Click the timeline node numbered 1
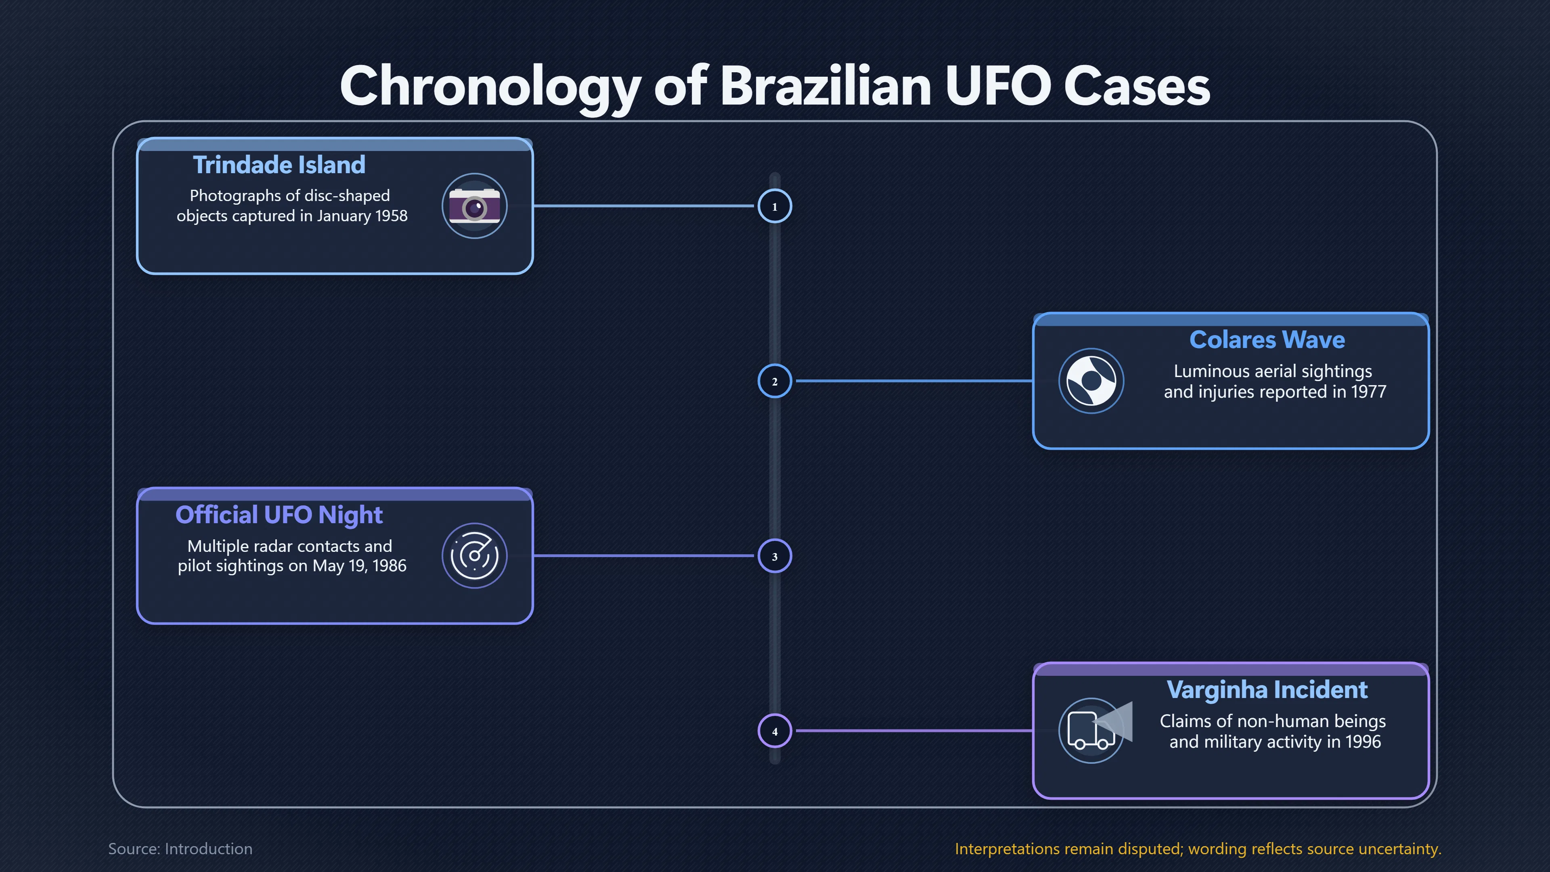[775, 206]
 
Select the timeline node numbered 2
[775, 381]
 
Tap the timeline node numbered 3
[775, 556]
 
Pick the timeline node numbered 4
[775, 731]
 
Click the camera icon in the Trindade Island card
[475, 206]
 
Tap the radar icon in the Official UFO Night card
[475, 556]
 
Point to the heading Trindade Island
[279, 165]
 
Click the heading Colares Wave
[1267, 340]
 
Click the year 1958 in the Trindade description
[391, 216]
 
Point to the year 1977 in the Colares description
[1369, 392]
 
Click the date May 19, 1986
[359, 566]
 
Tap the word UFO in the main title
[998, 86]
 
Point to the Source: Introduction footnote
[180, 849]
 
